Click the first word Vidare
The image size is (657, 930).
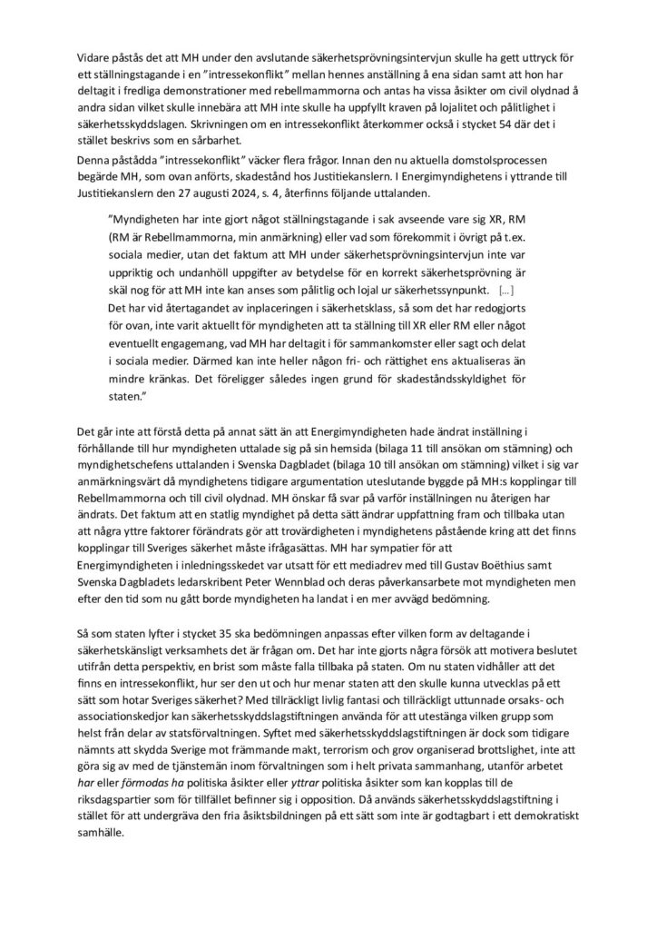tap(94, 59)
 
